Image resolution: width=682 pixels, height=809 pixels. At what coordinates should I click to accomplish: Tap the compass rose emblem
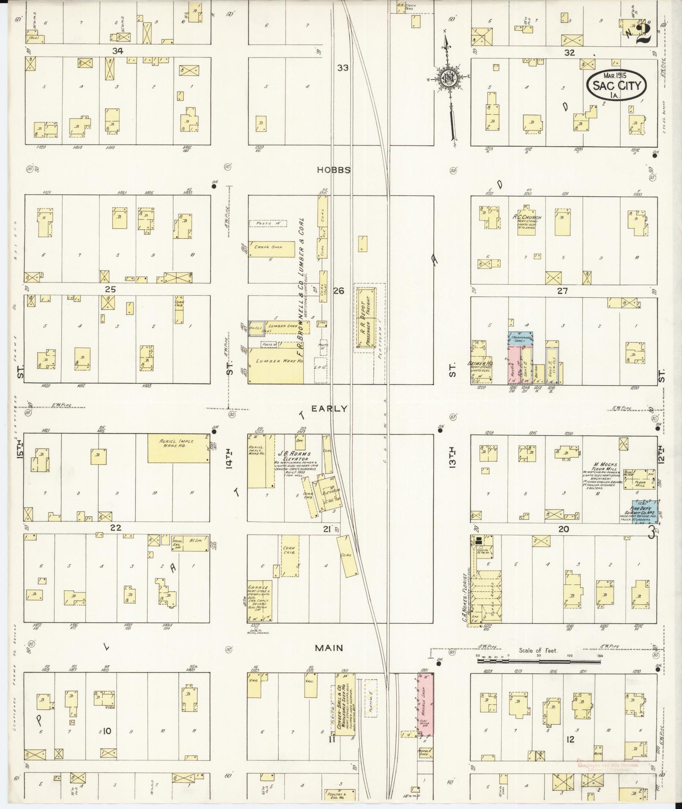(447, 78)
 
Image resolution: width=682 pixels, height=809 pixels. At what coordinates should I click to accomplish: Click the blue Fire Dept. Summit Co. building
(644, 512)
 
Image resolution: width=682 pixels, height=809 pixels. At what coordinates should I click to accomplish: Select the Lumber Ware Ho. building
(275, 366)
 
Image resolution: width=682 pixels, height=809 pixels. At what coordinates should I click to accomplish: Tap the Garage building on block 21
(260, 601)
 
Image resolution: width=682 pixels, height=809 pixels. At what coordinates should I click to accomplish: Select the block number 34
(118, 51)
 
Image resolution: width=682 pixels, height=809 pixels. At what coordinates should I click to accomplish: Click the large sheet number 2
(643, 32)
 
